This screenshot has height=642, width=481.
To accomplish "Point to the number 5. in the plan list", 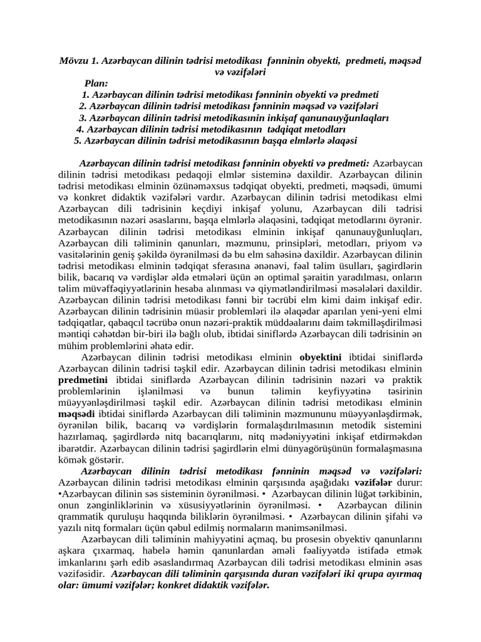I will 78,140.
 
